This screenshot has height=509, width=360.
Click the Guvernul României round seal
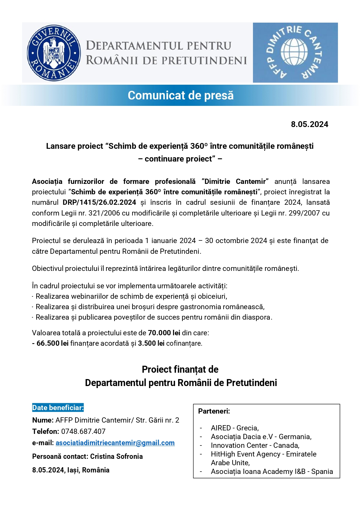pos(54,53)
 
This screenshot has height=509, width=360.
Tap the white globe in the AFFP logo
pos(294,52)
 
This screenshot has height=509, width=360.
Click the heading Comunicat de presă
pos(180,95)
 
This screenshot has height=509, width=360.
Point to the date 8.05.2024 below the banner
pos(310,124)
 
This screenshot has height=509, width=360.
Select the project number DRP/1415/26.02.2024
pos(99,202)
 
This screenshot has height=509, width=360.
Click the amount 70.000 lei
pos(164,333)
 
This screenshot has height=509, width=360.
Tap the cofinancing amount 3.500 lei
pos(151,343)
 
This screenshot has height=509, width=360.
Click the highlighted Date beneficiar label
pos(58,408)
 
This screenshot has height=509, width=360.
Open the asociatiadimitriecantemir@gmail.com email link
pos(115,443)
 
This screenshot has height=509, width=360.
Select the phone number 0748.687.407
pos(83,432)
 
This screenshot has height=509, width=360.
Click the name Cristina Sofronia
pos(116,457)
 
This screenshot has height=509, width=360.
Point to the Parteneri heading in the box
pos(214,411)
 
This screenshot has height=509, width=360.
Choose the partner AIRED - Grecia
pos(235,428)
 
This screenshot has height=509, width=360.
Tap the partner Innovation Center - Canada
pos(255,445)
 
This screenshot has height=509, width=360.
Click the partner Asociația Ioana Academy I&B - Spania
pos(272,472)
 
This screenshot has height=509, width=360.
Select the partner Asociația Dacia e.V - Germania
pos(261,437)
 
